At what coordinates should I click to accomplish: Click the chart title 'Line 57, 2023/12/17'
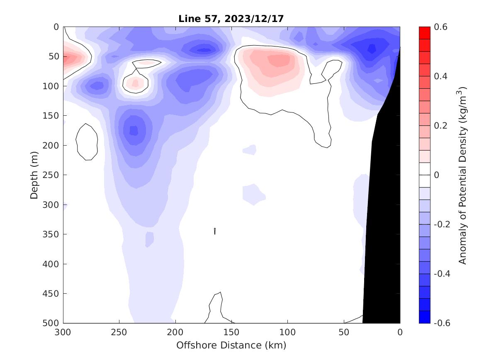pos(231,19)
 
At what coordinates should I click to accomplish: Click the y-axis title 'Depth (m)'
pos(35,175)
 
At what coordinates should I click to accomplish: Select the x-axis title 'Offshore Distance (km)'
pos(231,345)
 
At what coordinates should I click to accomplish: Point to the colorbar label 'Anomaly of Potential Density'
pos(463,175)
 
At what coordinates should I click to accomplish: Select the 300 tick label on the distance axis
pos(63,332)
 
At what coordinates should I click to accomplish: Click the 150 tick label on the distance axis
pos(231,332)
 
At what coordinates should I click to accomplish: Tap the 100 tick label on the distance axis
pos(287,332)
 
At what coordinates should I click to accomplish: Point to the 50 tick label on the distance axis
pos(344,332)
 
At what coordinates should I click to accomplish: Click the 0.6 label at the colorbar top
pos(440,27)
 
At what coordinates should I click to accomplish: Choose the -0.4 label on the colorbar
pos(442,274)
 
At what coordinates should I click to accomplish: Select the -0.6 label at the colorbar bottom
pos(442,323)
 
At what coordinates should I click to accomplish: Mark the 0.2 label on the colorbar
pos(440,126)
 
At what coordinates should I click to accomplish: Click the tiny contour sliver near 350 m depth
pos(215,231)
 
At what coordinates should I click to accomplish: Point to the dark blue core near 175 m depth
pos(134,130)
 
